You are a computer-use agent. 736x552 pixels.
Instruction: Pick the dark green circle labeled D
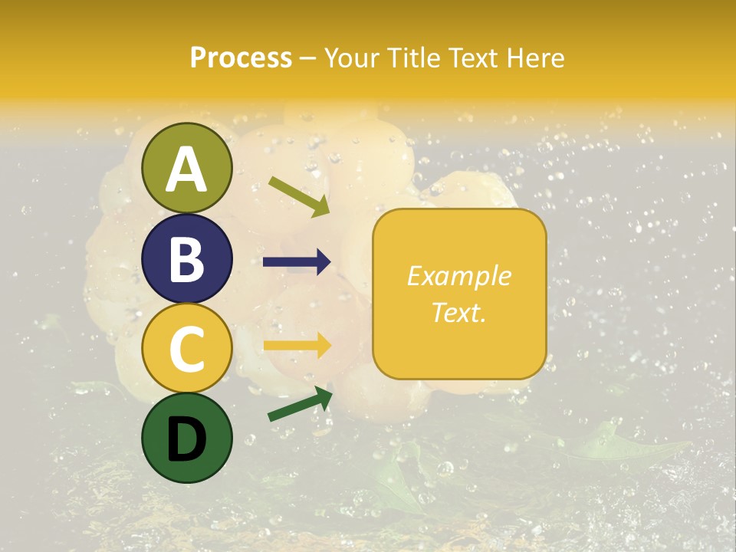pos(186,438)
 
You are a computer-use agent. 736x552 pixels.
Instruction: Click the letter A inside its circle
pos(186,169)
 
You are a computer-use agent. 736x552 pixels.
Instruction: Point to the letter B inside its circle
pos(186,259)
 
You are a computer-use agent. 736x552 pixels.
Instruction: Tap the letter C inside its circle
pos(186,349)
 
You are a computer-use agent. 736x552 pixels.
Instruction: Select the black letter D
pos(186,439)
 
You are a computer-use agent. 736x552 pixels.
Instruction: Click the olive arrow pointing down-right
pos(299,196)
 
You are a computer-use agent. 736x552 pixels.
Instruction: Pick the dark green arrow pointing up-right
pos(300,404)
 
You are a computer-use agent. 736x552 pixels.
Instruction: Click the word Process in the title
pos(241,58)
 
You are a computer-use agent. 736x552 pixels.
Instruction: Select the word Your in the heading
pos(350,58)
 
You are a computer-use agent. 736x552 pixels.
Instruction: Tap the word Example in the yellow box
pos(458,276)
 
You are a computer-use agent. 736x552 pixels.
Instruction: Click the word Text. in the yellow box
pos(458,312)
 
